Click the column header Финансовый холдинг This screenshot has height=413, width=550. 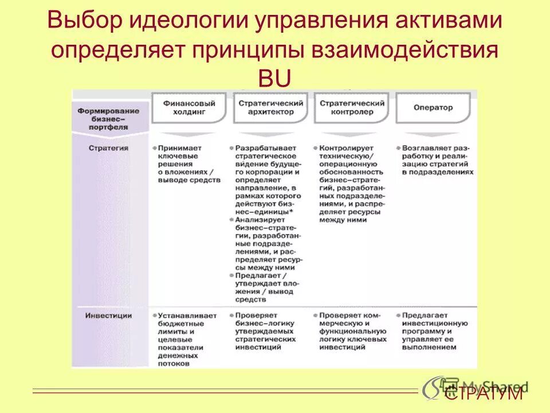pyautogui.click(x=189, y=108)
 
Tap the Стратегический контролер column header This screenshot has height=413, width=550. pyautogui.click(x=352, y=108)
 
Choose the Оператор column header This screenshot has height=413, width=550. pyautogui.click(x=433, y=107)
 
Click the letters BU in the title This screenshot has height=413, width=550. pyautogui.click(x=275, y=77)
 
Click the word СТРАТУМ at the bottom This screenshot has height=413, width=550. pyautogui.click(x=484, y=393)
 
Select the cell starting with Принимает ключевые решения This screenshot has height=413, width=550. pyautogui.click(x=188, y=163)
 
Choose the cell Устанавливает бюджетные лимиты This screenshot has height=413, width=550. pyautogui.click(x=186, y=339)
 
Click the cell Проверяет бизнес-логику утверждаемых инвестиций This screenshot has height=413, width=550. pyautogui.click(x=266, y=328)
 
